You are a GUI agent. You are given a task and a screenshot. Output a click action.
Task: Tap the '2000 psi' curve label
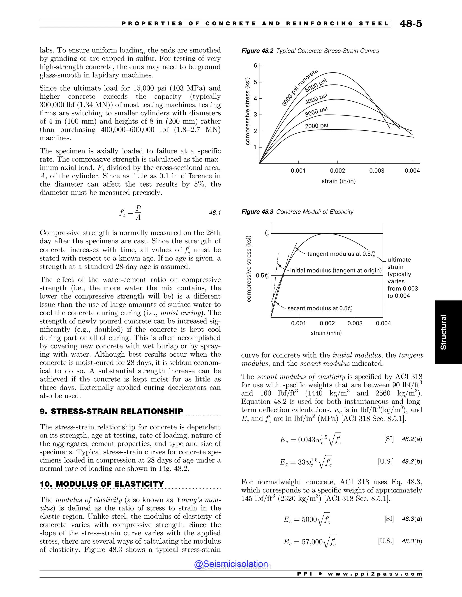tap(316, 126)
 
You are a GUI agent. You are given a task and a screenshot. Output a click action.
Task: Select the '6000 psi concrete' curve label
tap(300, 87)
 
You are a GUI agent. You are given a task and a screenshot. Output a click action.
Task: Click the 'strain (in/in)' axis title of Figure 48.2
tap(339, 181)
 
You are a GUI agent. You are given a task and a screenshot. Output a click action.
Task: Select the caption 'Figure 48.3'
tap(257, 212)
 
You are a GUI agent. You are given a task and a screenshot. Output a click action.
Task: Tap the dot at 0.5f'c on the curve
tap(283, 276)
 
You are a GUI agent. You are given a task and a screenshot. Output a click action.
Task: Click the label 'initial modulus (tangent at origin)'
tap(335, 271)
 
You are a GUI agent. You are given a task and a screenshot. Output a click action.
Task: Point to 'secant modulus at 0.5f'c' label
tap(319, 309)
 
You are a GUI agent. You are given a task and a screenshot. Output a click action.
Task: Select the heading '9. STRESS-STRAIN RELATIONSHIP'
tap(111, 411)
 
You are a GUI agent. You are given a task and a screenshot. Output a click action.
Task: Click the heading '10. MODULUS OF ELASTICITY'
tap(102, 484)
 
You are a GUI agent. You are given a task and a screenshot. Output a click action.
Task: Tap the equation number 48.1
tap(215, 213)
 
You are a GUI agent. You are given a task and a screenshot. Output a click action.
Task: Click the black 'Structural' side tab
tap(443, 332)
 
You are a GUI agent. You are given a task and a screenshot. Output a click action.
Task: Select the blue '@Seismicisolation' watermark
tap(231, 564)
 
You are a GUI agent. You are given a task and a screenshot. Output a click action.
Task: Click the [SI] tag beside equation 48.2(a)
tap(389, 439)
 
